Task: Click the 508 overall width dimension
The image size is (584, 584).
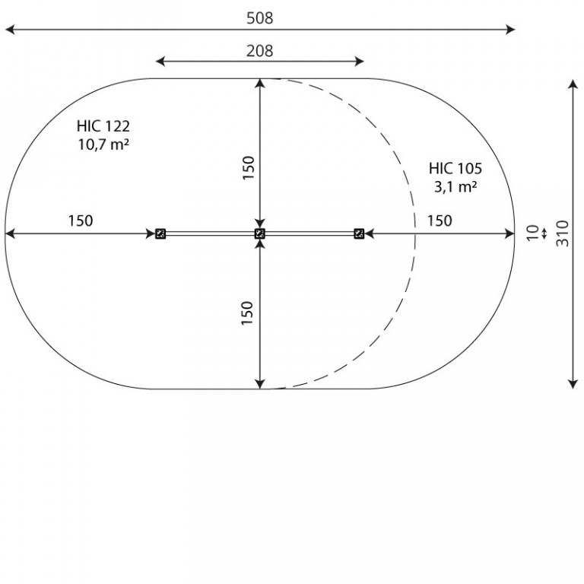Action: coord(259,18)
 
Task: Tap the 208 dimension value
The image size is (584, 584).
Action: coord(259,51)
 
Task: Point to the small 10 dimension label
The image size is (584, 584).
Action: coord(532,233)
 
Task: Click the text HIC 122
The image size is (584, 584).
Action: coord(103,126)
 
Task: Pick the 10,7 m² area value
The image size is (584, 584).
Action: coord(103,144)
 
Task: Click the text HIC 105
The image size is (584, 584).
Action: coord(455,168)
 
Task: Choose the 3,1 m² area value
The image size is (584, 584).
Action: coord(455,186)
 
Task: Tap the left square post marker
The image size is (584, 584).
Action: coord(160,233)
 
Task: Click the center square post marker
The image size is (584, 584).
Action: coord(260,233)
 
